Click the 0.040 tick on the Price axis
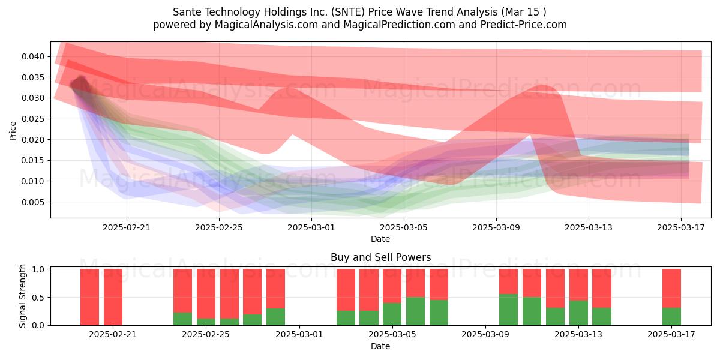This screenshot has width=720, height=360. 33,56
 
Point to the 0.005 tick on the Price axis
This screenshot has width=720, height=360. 33,202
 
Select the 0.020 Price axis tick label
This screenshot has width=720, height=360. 33,140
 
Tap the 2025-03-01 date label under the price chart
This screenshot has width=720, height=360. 311,227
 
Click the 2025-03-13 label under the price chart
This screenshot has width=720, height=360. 589,227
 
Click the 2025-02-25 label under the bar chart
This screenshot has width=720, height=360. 206,334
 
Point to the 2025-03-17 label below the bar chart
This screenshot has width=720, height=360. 671,334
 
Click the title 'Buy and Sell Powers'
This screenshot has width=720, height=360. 380,257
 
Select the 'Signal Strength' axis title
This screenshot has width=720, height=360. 22,296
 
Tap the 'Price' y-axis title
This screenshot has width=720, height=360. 13,131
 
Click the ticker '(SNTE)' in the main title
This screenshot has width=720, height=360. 348,12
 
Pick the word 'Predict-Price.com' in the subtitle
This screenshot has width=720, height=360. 524,25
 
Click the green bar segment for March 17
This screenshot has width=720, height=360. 671,317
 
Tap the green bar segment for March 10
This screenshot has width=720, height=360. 509,310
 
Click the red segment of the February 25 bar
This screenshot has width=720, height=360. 206,294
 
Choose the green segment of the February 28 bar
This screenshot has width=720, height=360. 275,317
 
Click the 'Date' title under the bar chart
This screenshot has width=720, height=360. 380,347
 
